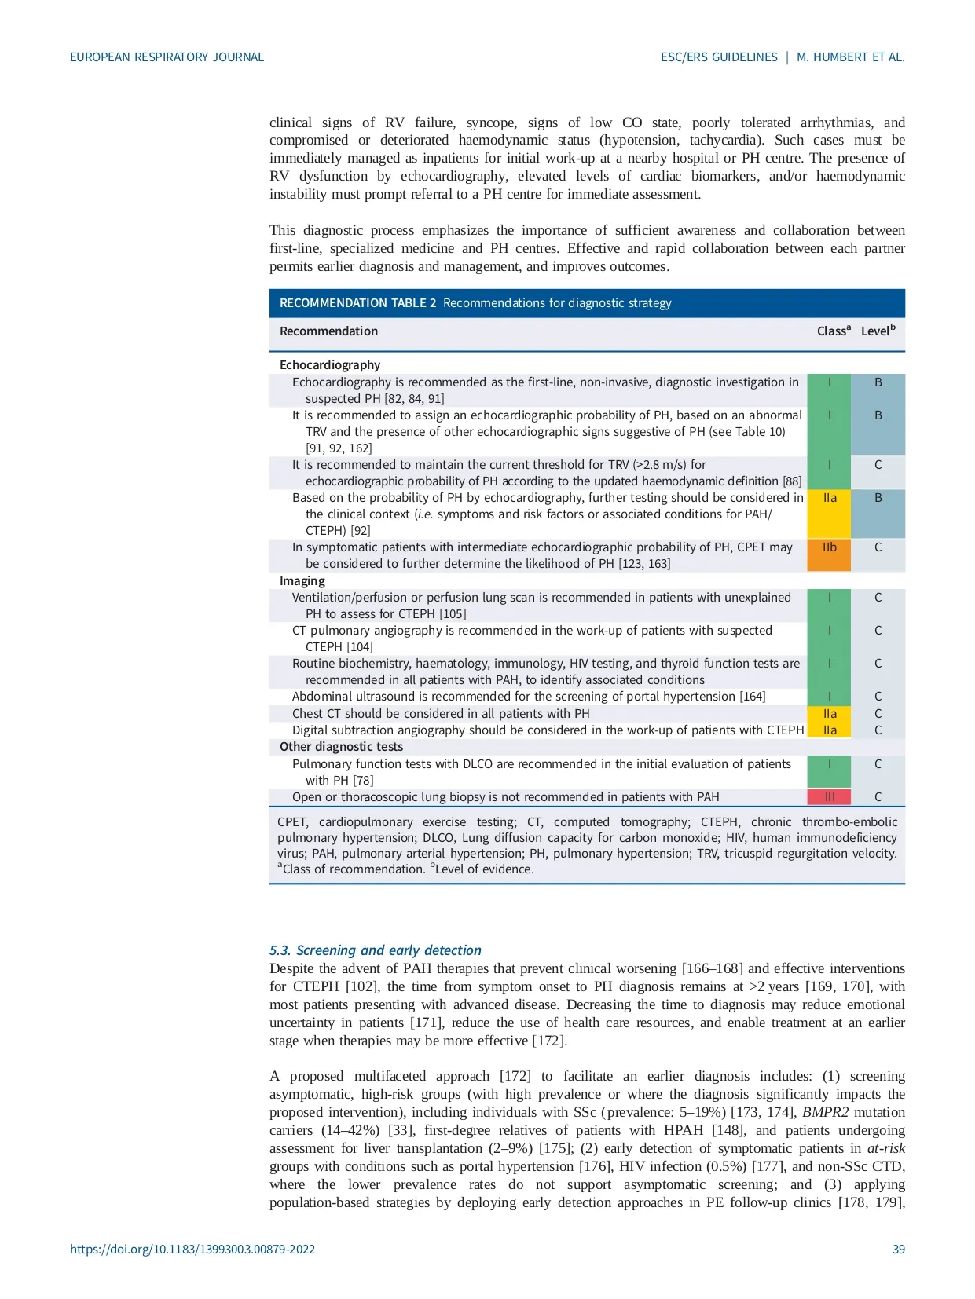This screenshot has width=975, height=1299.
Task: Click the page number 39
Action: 898,1250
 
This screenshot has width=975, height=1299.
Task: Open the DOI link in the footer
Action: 192,1250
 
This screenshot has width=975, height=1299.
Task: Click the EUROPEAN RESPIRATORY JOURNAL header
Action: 167,57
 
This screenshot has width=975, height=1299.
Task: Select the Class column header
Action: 833,331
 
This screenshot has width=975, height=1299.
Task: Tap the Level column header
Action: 878,331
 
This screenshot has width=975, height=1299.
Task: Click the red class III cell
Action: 829,797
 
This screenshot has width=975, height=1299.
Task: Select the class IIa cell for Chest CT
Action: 829,714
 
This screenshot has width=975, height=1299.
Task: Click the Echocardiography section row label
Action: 330,365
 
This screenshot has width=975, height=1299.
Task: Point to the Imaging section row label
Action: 302,581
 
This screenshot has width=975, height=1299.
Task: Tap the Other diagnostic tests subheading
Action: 341,747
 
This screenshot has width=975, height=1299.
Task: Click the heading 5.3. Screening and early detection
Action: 375,950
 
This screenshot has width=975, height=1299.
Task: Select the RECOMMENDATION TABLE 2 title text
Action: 357,303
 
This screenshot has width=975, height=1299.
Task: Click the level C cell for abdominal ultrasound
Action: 878,697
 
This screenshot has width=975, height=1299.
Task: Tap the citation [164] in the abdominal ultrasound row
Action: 752,697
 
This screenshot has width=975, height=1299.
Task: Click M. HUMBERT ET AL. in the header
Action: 850,57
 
